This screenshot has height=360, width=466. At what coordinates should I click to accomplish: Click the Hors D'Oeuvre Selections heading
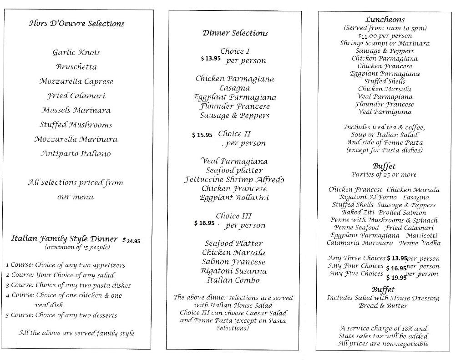pyautogui.click(x=76, y=23)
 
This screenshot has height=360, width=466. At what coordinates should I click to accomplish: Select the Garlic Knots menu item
pyautogui.click(x=76, y=52)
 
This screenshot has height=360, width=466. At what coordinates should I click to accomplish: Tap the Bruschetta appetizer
pyautogui.click(x=76, y=67)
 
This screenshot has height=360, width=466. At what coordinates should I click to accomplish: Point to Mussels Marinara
pyautogui.click(x=76, y=110)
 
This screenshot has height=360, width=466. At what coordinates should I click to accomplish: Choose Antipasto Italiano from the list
pyautogui.click(x=76, y=154)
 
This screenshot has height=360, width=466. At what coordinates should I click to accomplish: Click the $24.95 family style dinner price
pyautogui.click(x=131, y=240)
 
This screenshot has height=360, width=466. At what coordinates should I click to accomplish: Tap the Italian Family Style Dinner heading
pyautogui.click(x=64, y=238)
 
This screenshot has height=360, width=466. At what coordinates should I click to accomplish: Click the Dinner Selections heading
pyautogui.click(x=235, y=33)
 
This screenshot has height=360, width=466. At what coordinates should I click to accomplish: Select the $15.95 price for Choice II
pyautogui.click(x=202, y=135)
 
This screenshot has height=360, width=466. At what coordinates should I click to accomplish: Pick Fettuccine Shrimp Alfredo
pyautogui.click(x=234, y=179)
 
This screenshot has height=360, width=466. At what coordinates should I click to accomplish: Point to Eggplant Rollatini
pyautogui.click(x=234, y=198)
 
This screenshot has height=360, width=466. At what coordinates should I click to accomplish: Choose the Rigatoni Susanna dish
pyautogui.click(x=234, y=271)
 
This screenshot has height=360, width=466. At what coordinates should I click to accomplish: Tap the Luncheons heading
pyautogui.click(x=385, y=20)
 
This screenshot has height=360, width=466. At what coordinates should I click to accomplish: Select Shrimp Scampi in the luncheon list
pyautogui.click(x=362, y=43)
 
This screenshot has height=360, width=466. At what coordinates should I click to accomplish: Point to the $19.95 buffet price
pyautogui.click(x=395, y=277)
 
